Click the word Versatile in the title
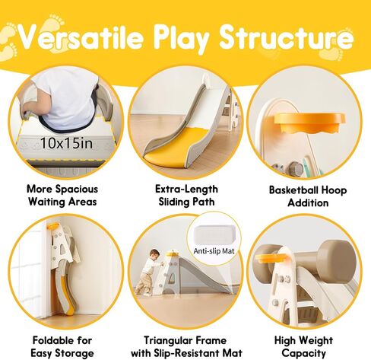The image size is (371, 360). [81, 37]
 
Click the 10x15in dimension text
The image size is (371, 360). [67, 143]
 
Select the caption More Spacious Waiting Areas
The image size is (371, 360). [62, 196]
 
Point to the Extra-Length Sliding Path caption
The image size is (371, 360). [186, 196]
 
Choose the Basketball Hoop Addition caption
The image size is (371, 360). [308, 196]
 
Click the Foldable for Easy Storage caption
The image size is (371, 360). [62, 346]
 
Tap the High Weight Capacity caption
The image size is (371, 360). [303, 346]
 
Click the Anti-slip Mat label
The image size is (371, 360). [214, 251]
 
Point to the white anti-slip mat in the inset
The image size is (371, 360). [215, 235]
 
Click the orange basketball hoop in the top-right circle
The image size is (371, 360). [309, 123]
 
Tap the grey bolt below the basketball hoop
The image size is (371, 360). [296, 168]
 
